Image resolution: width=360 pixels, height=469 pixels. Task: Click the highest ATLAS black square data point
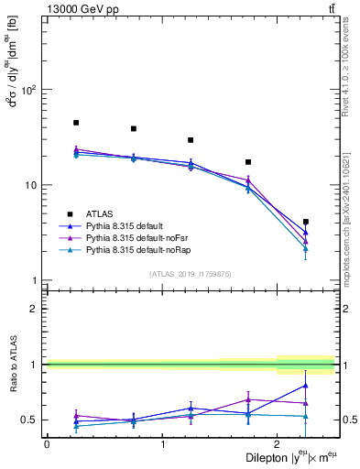coord(76,123)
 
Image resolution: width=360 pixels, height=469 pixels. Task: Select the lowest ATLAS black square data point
coord(305,222)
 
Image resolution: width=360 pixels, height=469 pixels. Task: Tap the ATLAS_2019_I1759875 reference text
coord(191,274)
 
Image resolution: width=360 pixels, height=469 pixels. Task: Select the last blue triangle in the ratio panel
coord(305,386)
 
